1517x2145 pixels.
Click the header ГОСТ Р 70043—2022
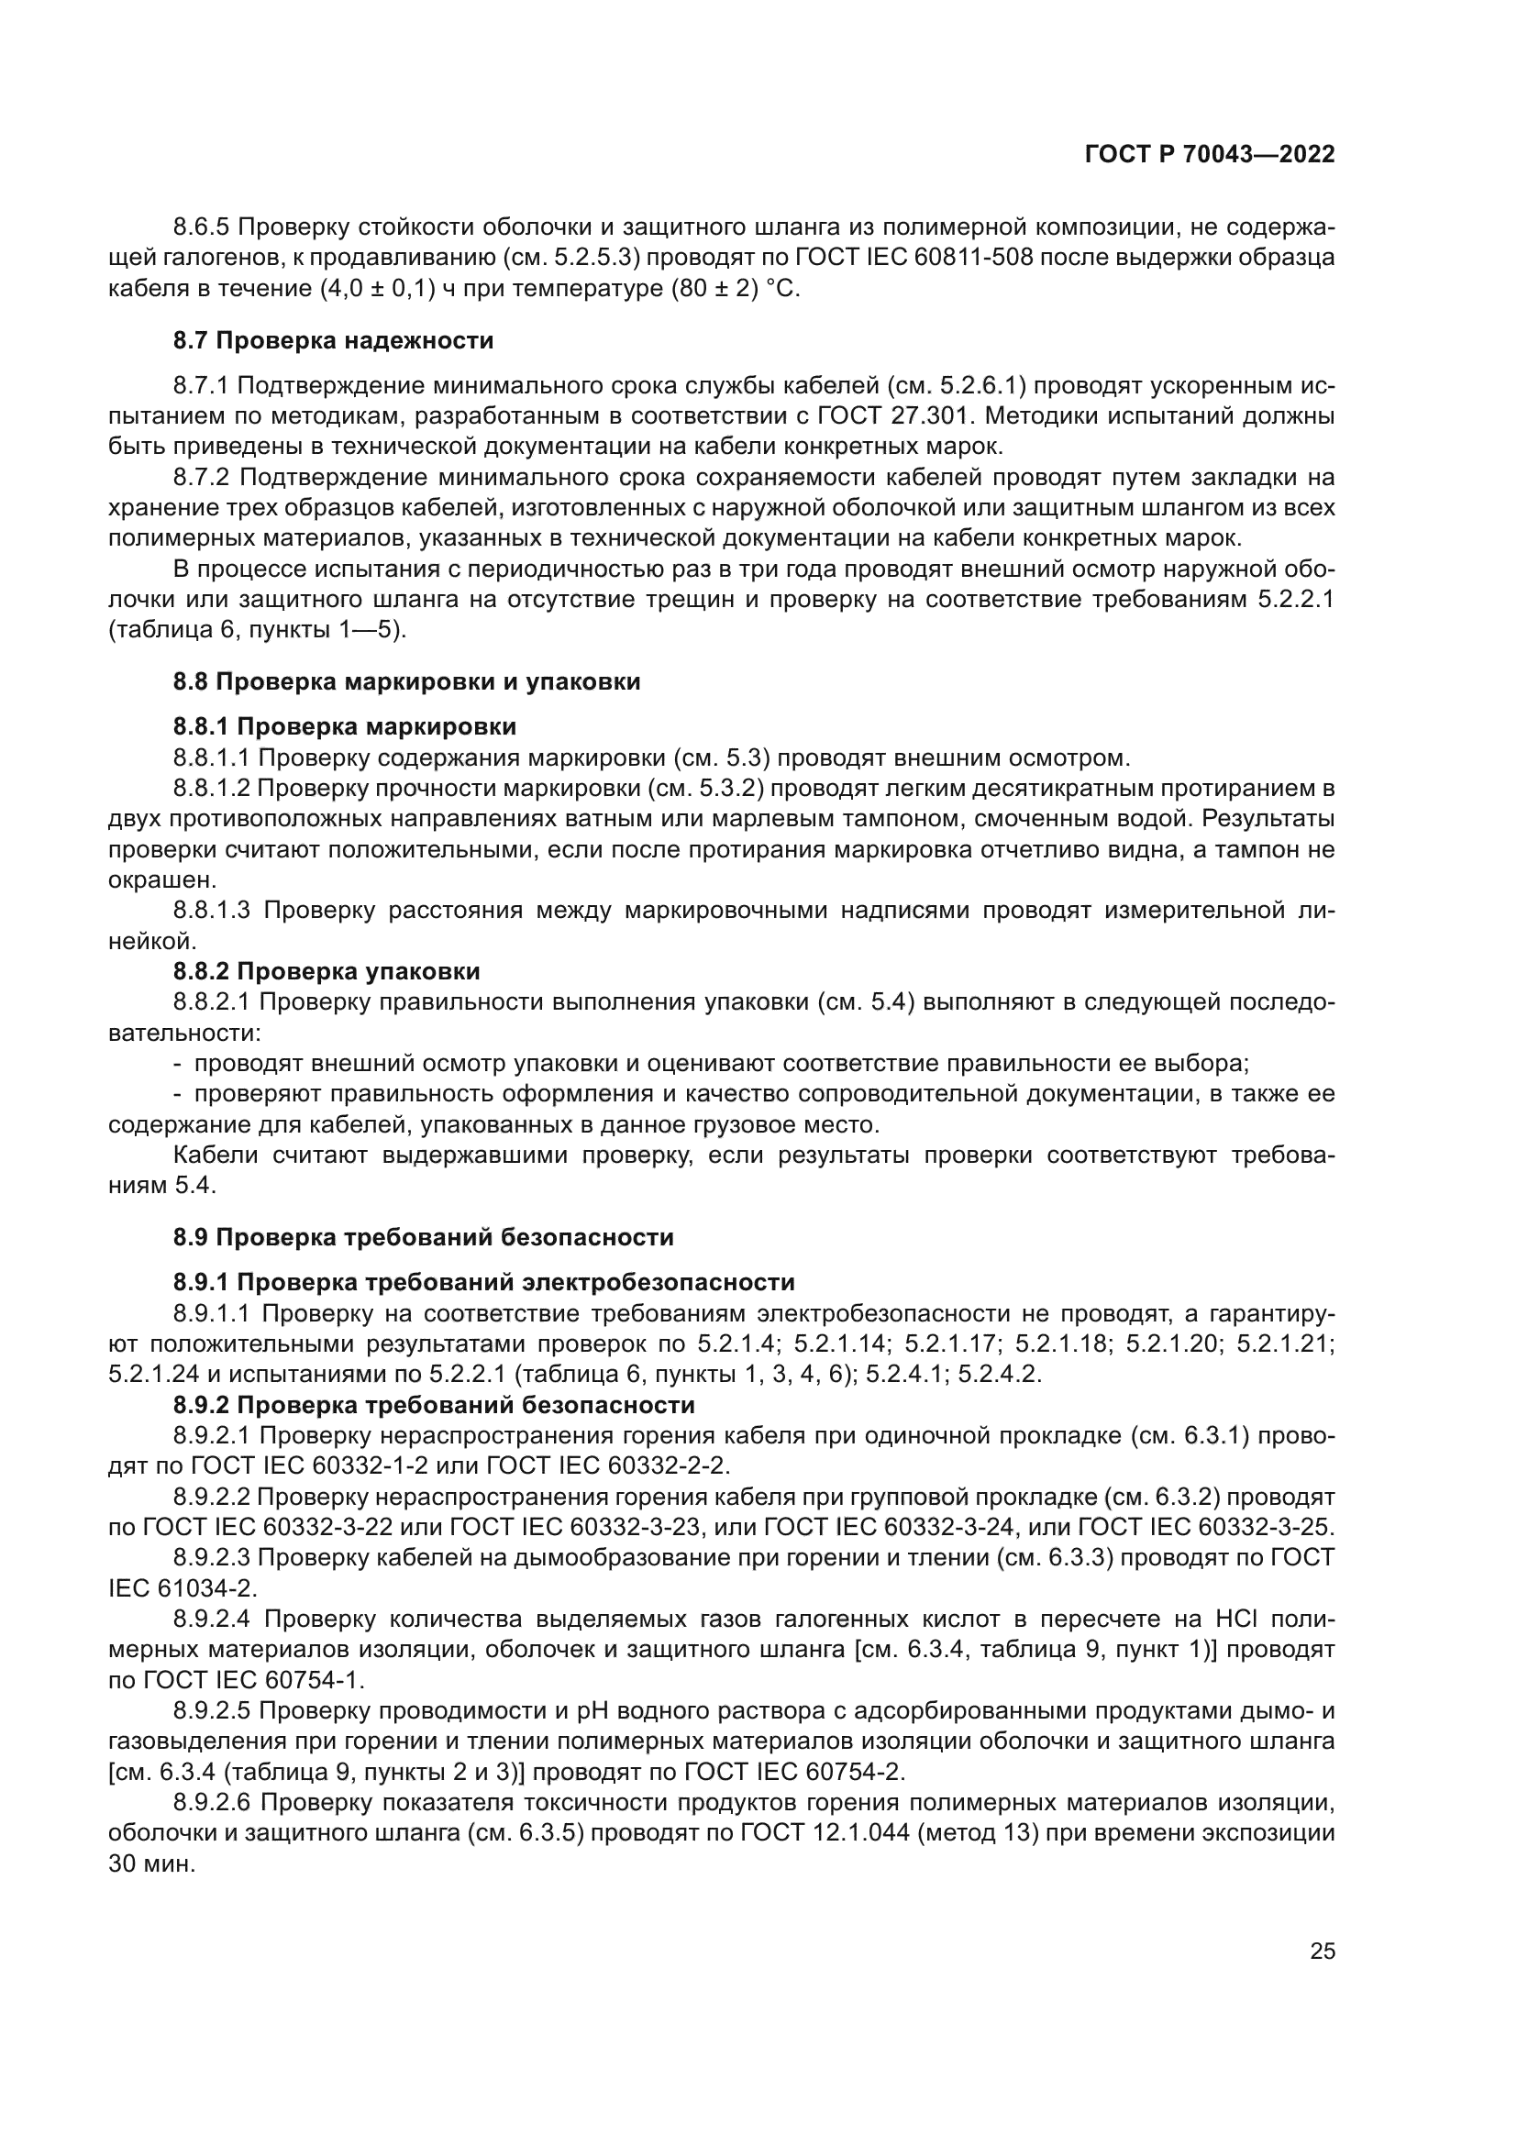pyautogui.click(x=1210, y=155)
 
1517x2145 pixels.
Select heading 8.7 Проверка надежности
pyautogui.click(x=334, y=341)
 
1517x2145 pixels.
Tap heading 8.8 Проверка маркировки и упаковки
pyautogui.click(x=406, y=682)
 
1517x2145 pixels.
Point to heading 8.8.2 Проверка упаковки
pyautogui.click(x=327, y=971)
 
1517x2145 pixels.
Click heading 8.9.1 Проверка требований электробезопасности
pyautogui.click(x=484, y=1282)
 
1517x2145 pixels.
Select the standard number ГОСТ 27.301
pyautogui.click(x=902, y=415)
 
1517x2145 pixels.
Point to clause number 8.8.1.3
pyautogui.click(x=212, y=910)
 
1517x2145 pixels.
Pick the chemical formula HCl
pyautogui.click(x=1235, y=1618)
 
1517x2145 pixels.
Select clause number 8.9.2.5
pyautogui.click(x=211, y=1710)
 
